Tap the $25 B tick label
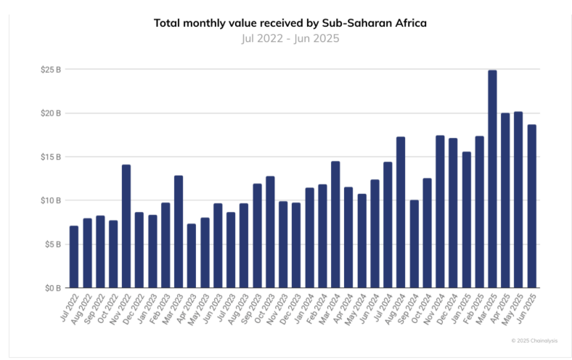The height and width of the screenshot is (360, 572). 50,70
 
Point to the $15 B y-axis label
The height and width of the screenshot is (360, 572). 50,157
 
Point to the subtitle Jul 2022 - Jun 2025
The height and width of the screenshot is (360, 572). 290,38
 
